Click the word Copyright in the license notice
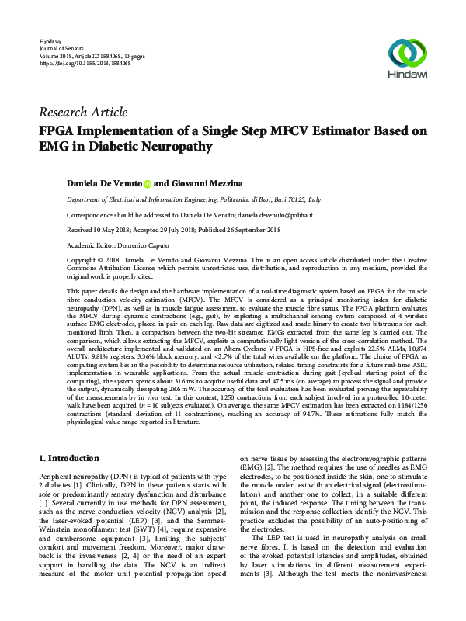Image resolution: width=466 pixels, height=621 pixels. (85, 258)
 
